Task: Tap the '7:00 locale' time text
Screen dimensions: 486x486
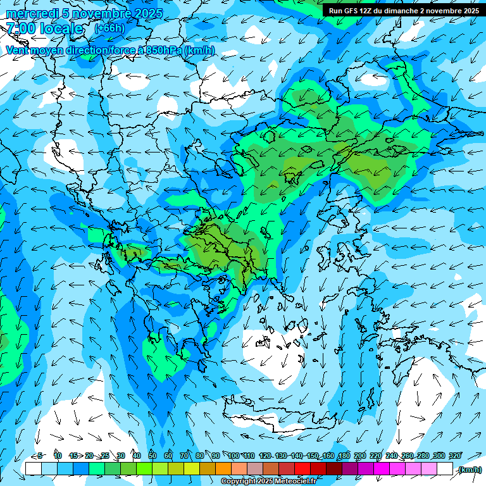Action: click(x=44, y=28)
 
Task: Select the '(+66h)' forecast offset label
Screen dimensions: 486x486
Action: click(x=109, y=28)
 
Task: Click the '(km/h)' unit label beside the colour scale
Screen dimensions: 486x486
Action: click(x=470, y=470)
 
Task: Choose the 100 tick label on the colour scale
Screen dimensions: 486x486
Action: click(x=234, y=456)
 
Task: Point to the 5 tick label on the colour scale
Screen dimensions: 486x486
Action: click(x=40, y=456)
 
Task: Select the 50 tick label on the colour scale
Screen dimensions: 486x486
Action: click(x=153, y=456)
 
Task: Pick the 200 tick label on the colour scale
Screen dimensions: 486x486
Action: click(x=360, y=456)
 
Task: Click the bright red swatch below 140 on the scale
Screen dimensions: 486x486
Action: click(x=303, y=469)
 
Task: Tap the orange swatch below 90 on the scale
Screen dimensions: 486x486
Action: click(x=223, y=469)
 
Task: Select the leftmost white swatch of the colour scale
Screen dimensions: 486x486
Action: click(x=34, y=469)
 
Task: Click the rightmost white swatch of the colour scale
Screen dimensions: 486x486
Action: click(x=445, y=469)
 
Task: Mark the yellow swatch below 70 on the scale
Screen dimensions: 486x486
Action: click(x=176, y=469)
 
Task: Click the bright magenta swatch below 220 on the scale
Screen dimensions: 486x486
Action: click(x=382, y=469)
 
